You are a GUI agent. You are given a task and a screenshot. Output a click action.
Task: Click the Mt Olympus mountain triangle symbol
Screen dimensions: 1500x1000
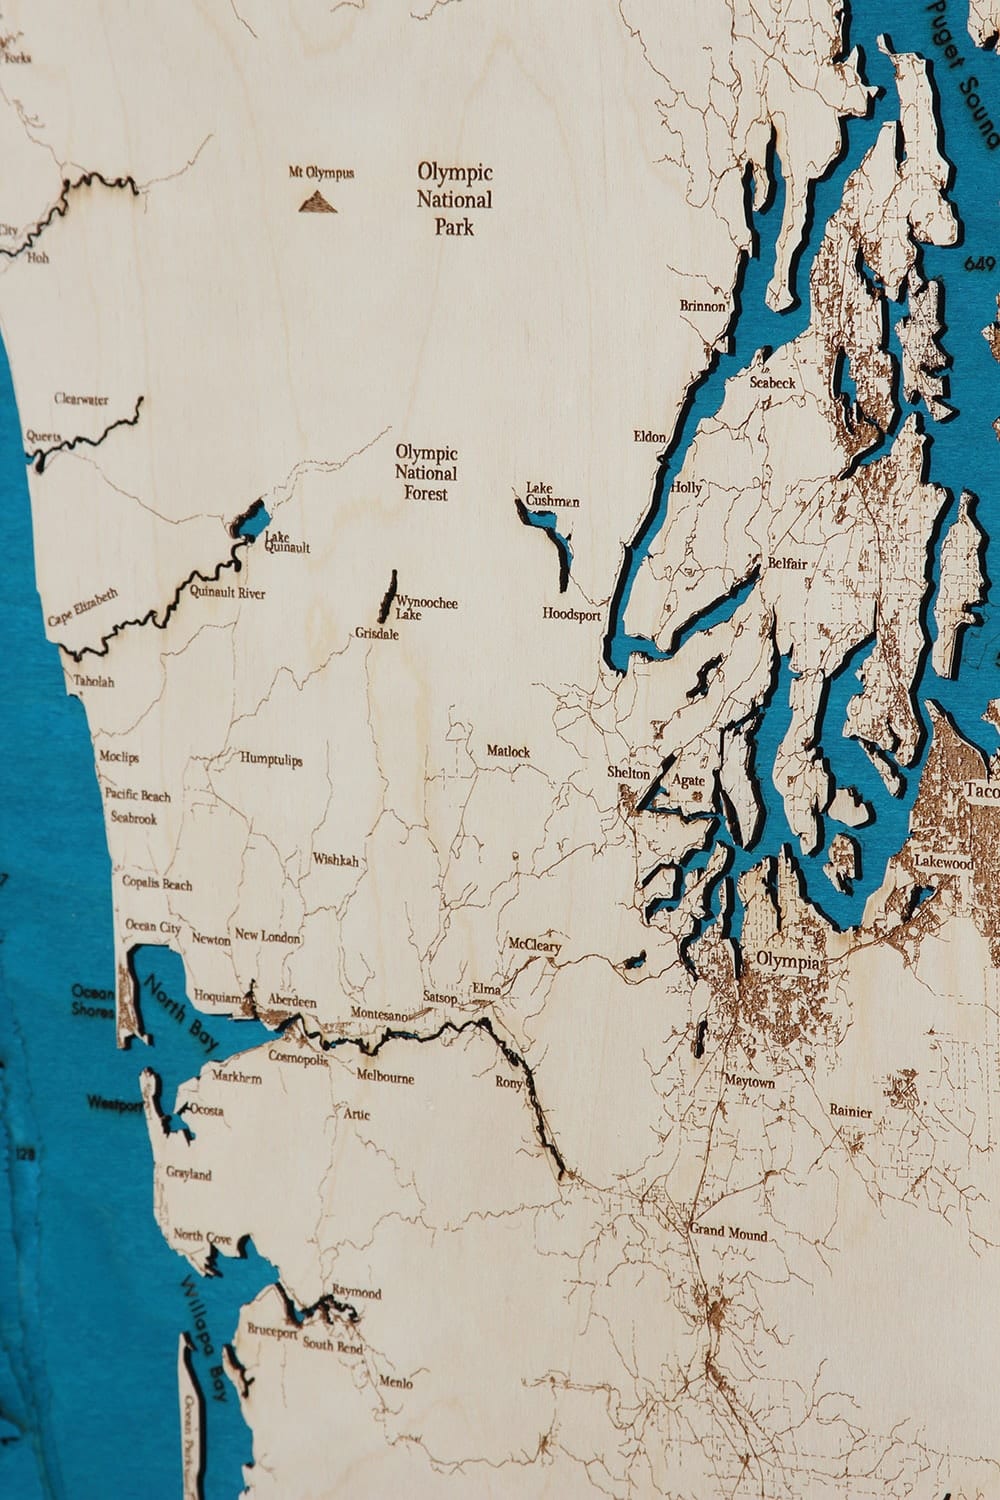point(318,202)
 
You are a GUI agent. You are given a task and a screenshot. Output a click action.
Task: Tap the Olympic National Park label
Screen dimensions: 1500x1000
point(454,199)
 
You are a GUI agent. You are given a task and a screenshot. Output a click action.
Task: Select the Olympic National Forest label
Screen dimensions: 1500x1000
point(426,473)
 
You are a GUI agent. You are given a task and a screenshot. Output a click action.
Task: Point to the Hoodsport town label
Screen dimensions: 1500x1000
point(572,614)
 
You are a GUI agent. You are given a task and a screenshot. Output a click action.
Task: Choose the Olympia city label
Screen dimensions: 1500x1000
point(788,961)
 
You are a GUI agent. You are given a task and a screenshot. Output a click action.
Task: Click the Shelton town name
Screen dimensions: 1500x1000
point(628,773)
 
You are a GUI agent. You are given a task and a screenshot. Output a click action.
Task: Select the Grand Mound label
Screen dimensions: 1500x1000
point(728,1233)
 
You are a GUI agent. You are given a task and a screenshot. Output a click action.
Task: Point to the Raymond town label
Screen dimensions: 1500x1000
point(357,1292)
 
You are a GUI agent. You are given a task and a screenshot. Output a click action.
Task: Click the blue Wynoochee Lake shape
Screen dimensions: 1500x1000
point(386,598)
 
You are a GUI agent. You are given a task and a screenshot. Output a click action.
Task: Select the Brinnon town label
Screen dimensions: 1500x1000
point(703,306)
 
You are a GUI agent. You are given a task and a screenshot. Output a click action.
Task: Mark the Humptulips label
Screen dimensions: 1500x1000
point(271,759)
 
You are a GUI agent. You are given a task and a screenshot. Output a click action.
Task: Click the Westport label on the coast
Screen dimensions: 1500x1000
point(115,1103)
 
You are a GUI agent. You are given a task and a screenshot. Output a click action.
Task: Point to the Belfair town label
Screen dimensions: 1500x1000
point(787,563)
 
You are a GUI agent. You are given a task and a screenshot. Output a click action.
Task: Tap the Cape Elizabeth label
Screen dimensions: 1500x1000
point(83,608)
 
